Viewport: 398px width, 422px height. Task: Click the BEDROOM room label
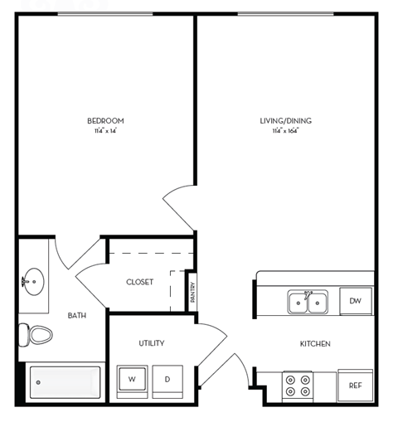pyautogui.click(x=105, y=121)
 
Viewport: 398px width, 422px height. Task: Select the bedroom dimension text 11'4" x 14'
pyautogui.click(x=105, y=130)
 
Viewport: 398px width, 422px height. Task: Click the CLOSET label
pyautogui.click(x=139, y=282)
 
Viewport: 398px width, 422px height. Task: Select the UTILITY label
pyautogui.click(x=151, y=342)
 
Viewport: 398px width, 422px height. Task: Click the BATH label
pyautogui.click(x=76, y=315)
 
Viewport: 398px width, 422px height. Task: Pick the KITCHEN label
pyautogui.click(x=315, y=343)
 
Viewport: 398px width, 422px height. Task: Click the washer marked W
pyautogui.click(x=131, y=379)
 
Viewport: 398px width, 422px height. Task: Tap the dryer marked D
pyautogui.click(x=167, y=379)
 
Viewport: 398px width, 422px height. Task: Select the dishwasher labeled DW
pyautogui.click(x=355, y=301)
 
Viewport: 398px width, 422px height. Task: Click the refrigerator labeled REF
pyautogui.click(x=355, y=386)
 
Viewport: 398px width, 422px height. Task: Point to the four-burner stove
pyautogui.click(x=298, y=385)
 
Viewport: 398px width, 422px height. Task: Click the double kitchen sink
pyautogui.click(x=309, y=302)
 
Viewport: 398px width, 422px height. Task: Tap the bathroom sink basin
pyautogui.click(x=35, y=279)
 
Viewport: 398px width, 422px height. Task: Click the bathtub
pyautogui.click(x=65, y=382)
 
